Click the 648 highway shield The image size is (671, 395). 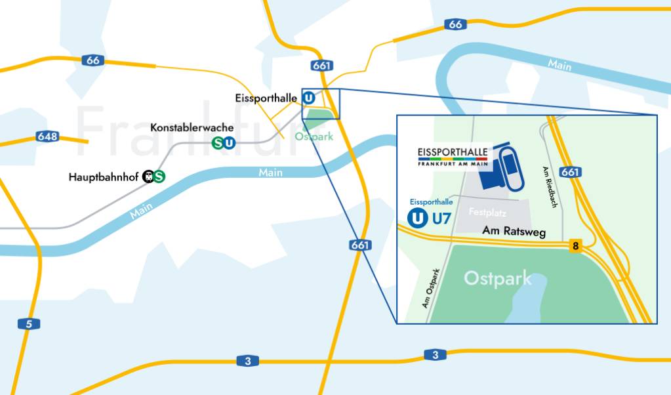(x=48, y=137)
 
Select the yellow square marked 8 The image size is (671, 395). (x=575, y=246)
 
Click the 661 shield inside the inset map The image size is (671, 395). (x=571, y=172)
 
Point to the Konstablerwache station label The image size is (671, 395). (x=182, y=127)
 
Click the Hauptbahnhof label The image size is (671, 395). (x=104, y=177)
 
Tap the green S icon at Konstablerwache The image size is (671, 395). (x=217, y=142)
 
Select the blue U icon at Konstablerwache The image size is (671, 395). (x=228, y=142)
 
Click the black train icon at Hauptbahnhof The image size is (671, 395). (x=148, y=177)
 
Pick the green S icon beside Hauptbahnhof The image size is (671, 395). (x=159, y=177)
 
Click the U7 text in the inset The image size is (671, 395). (x=441, y=218)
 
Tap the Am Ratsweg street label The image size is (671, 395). (x=514, y=232)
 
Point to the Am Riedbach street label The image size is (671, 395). (x=550, y=187)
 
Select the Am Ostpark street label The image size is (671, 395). (x=431, y=289)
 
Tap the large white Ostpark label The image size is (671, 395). (x=498, y=278)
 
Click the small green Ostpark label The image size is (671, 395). (x=314, y=137)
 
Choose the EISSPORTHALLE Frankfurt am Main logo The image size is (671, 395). (x=453, y=157)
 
